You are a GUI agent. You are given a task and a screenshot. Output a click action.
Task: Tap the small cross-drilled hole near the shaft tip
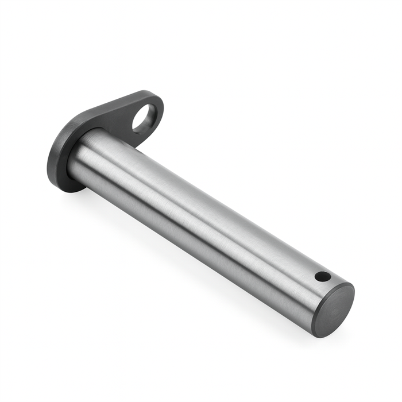[x=323, y=277]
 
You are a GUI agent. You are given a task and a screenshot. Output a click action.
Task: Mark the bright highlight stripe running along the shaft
[x=190, y=190]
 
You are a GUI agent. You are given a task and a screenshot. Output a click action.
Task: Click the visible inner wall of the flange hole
[x=150, y=121]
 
